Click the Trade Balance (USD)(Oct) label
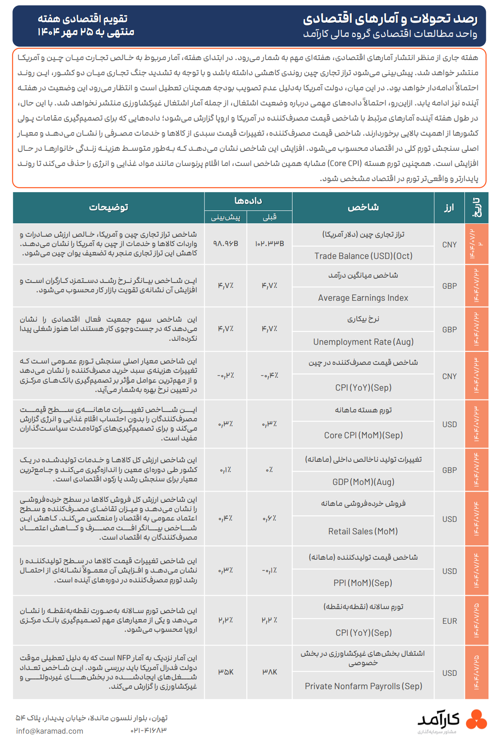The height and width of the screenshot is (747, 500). click(x=363, y=256)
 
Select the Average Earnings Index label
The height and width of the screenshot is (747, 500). click(x=363, y=298)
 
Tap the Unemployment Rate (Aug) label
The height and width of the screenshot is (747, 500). click(x=363, y=342)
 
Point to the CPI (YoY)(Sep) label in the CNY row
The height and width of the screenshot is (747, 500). click(x=363, y=388)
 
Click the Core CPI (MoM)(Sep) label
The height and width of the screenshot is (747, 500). click(x=363, y=435)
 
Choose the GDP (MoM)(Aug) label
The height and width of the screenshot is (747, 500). click(x=363, y=482)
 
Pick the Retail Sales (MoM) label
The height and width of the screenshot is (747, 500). click(x=363, y=531)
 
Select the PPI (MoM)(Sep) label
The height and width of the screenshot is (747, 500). click(x=363, y=583)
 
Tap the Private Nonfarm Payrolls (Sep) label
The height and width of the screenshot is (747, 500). click(x=363, y=686)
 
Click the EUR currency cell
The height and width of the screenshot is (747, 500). click(x=449, y=621)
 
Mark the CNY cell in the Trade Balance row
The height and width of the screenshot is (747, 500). click(x=449, y=245)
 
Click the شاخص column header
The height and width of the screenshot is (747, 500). click(x=363, y=207)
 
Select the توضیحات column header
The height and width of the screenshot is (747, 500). click(x=109, y=207)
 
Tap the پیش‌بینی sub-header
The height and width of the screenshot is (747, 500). click(x=225, y=217)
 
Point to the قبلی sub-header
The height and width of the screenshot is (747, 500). click(x=269, y=217)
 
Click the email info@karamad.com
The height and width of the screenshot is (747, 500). click(x=49, y=731)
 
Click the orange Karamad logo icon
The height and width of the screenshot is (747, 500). click(x=476, y=719)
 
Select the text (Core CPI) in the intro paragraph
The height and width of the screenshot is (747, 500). click(x=345, y=163)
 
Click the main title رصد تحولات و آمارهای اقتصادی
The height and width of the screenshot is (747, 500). click(x=390, y=19)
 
